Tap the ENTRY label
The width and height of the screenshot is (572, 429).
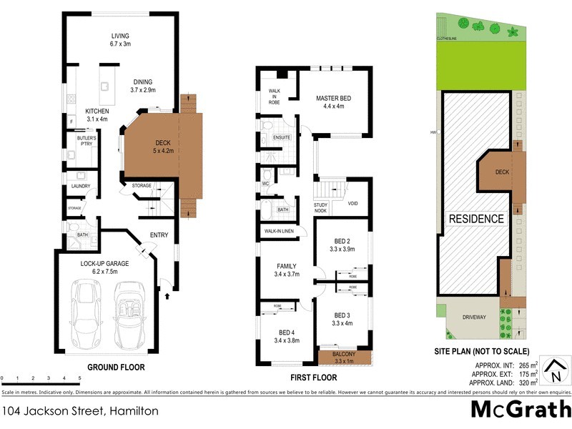159,235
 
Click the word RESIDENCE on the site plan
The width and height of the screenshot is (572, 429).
476,219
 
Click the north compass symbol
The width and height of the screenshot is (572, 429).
553,371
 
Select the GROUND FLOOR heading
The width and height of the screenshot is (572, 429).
116,368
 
